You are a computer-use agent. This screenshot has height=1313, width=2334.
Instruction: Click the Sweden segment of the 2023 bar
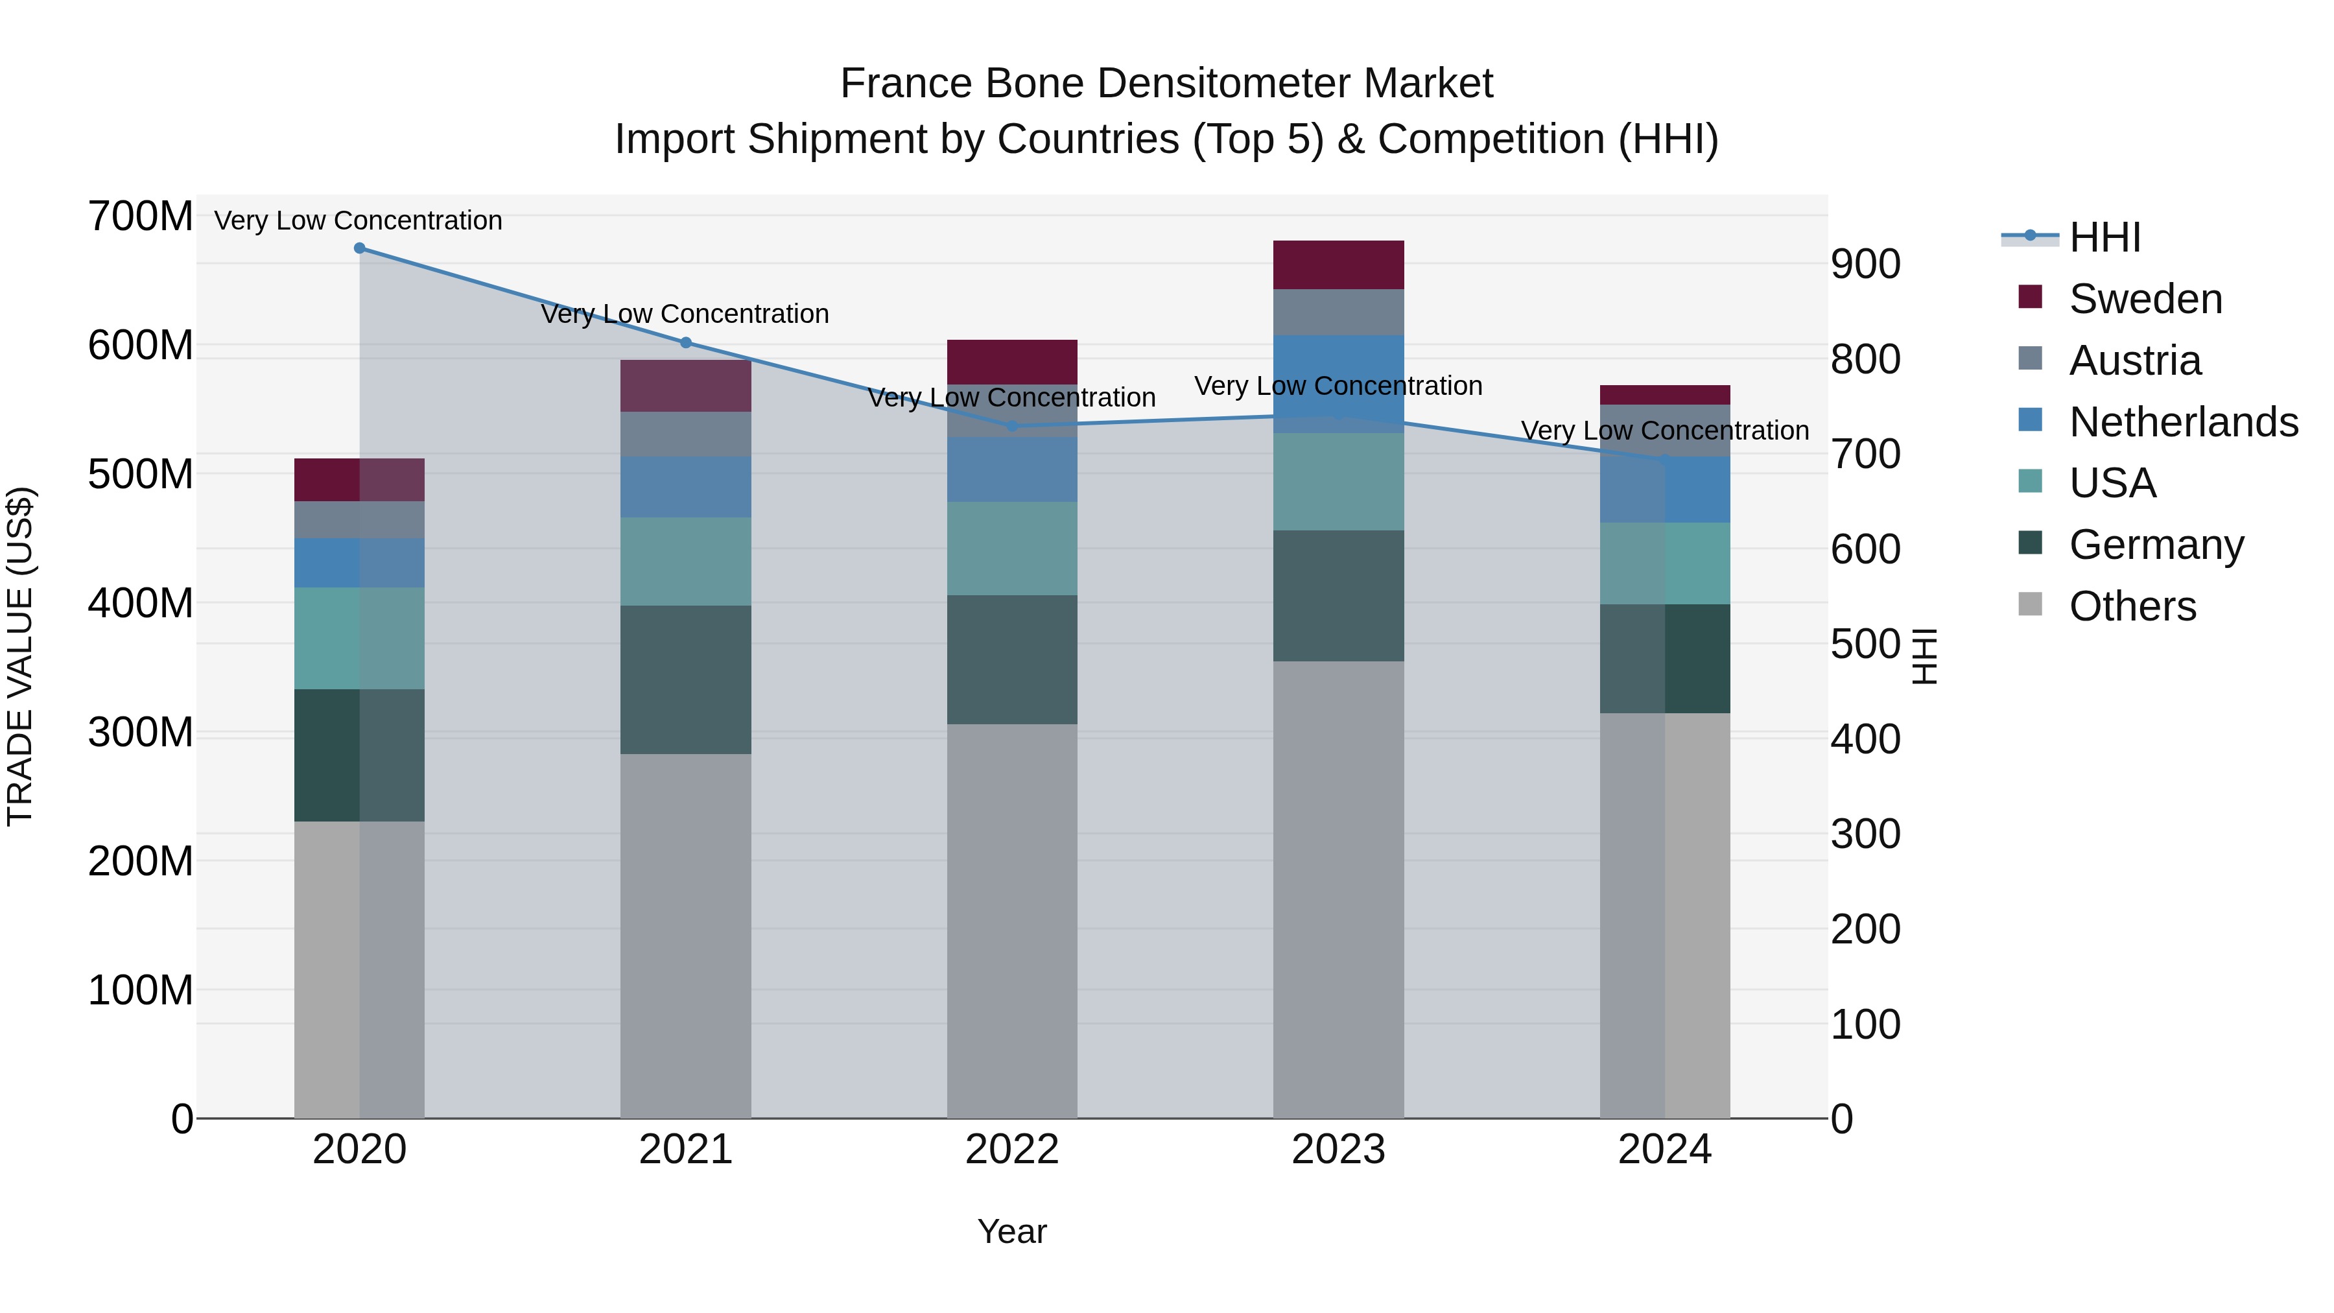1338,265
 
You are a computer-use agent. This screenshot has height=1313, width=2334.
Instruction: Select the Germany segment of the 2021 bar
685,680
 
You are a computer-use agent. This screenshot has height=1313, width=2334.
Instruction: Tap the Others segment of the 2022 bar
1011,919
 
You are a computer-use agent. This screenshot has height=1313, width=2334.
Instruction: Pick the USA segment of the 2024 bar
1664,563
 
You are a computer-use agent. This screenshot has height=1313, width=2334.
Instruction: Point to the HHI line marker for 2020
360,248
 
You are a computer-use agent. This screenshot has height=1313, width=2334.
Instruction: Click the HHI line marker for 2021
686,342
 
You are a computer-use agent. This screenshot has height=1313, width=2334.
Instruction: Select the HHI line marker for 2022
1012,426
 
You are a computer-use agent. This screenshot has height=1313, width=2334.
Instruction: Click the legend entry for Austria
2134,361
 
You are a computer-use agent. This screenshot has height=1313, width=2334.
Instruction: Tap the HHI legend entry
2104,237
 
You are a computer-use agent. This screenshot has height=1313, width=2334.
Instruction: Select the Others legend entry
2132,606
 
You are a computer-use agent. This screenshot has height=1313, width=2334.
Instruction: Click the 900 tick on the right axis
1865,265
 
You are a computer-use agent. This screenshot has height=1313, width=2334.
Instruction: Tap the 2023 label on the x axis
1338,1150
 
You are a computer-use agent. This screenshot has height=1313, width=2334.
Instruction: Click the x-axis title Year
1011,1231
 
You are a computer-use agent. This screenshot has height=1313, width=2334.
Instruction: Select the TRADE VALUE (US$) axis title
20,656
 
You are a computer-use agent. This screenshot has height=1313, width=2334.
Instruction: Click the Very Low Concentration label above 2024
1664,431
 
